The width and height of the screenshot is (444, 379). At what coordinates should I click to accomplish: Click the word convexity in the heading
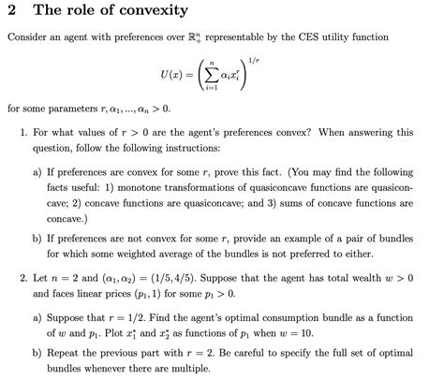tap(147, 11)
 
